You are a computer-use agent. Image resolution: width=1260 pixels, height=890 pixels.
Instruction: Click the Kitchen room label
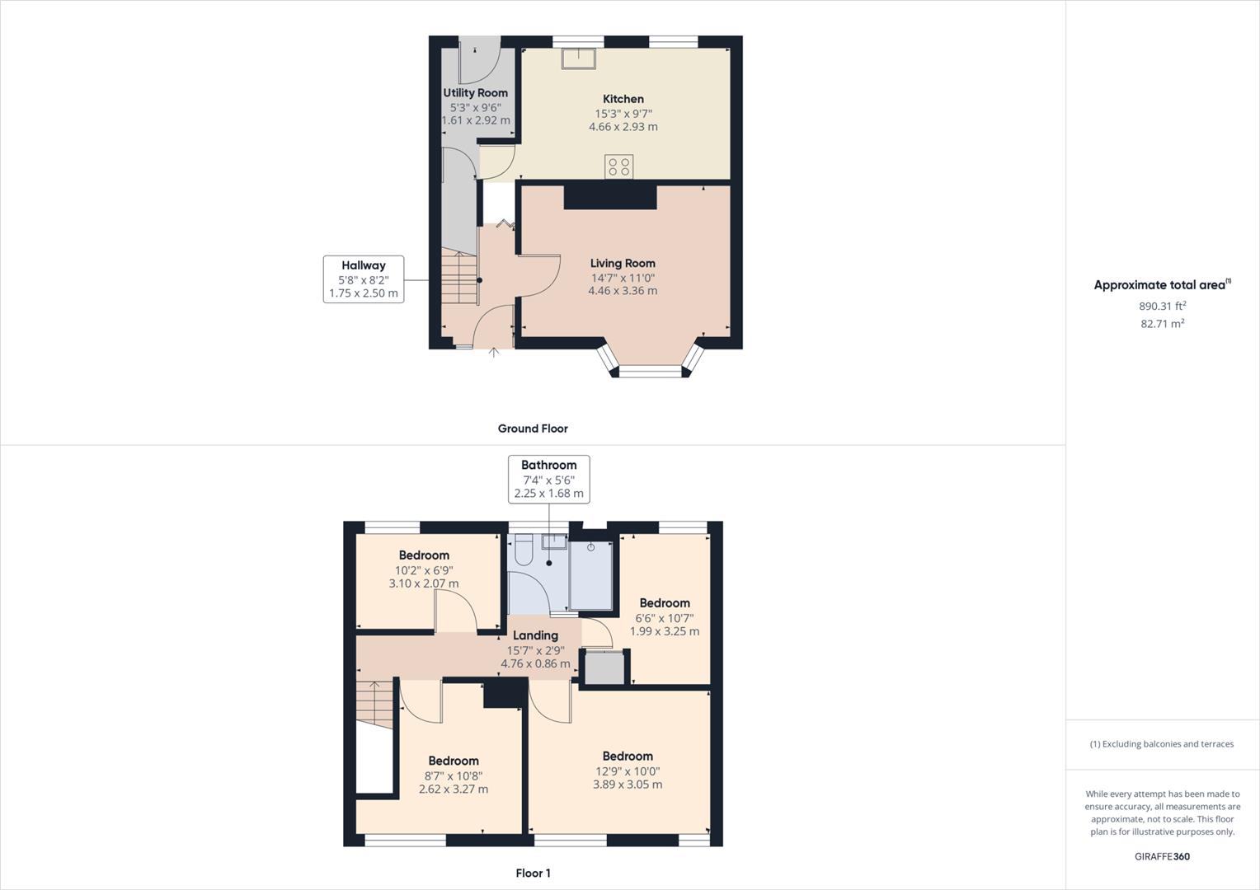pos(623,99)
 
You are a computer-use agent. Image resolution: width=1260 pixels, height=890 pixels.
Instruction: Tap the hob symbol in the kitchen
pos(618,166)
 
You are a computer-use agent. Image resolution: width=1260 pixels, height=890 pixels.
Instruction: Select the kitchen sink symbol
pos(580,59)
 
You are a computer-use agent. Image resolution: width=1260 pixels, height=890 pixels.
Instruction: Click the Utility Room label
pos(475,93)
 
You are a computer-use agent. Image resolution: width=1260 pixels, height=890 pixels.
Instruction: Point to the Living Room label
pos(623,264)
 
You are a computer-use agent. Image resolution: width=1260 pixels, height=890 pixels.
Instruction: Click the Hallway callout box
pos(364,279)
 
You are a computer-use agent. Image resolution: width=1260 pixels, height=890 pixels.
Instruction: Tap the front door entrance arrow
pos(494,354)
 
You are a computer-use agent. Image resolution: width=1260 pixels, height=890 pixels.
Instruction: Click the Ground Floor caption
pos(533,429)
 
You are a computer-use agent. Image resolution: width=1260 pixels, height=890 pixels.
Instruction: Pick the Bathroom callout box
pos(548,479)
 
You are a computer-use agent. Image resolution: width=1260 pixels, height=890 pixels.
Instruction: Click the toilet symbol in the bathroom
pos(523,550)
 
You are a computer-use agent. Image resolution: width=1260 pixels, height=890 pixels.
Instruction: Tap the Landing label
pos(535,635)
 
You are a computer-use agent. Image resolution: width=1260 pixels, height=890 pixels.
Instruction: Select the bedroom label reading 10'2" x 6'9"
pos(424,569)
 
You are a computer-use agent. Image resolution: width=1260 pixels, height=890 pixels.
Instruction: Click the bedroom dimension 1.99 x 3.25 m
pos(665,631)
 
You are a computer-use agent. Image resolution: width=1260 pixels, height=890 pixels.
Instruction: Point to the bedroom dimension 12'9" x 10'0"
pos(628,771)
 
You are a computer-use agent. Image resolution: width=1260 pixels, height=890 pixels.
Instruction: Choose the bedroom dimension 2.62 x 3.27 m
pos(454,789)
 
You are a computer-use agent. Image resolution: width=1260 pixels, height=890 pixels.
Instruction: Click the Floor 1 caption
pos(533,874)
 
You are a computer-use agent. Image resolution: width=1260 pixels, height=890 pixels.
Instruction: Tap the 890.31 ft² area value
pos(1163,306)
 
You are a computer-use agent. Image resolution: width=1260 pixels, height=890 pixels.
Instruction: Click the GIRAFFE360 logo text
pos(1162,856)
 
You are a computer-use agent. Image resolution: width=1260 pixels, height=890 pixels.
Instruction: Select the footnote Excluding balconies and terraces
pos(1162,744)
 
